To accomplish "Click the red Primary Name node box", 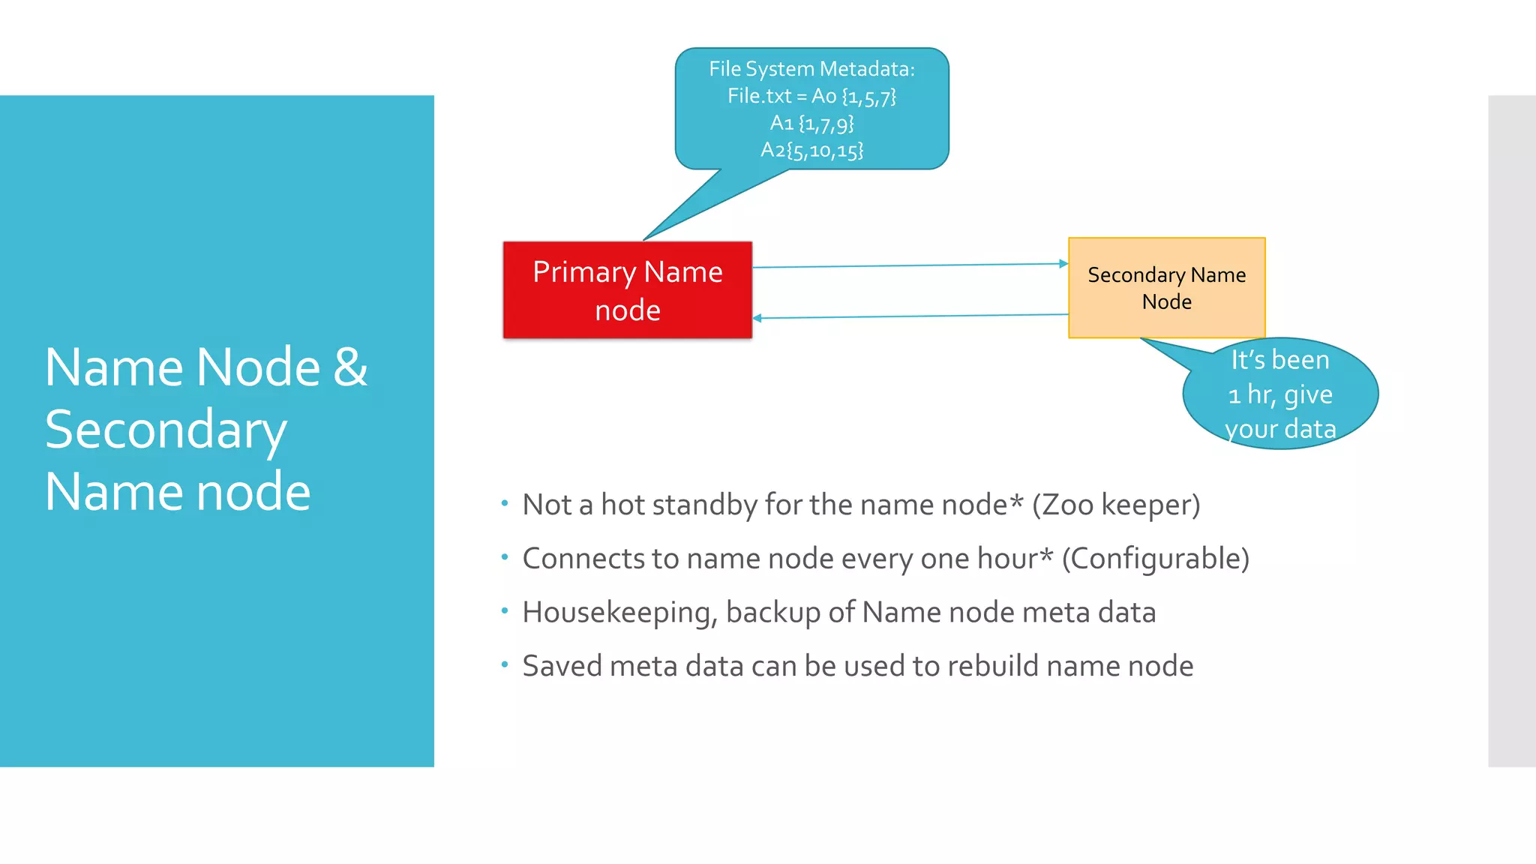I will (x=627, y=290).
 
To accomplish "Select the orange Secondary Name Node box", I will (x=1166, y=288).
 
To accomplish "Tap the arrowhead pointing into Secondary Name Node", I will (x=1063, y=263).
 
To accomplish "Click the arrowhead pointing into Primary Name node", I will (x=757, y=318).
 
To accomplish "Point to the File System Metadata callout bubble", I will (x=811, y=109).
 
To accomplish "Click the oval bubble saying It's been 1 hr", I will (x=1280, y=394).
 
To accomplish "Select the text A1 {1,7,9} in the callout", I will (x=811, y=123).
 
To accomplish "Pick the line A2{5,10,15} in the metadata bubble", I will (x=811, y=150).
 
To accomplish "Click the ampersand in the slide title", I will (x=350, y=367).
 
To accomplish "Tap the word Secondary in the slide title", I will (x=166, y=430).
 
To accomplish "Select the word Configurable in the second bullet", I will (x=1155, y=559).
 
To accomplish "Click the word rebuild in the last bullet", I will (x=976, y=666).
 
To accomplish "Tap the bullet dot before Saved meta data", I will (x=505, y=664).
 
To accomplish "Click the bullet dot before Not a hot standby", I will (x=505, y=503).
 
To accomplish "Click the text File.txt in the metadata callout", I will (x=759, y=96).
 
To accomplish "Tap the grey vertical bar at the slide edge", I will (x=1512, y=430).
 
